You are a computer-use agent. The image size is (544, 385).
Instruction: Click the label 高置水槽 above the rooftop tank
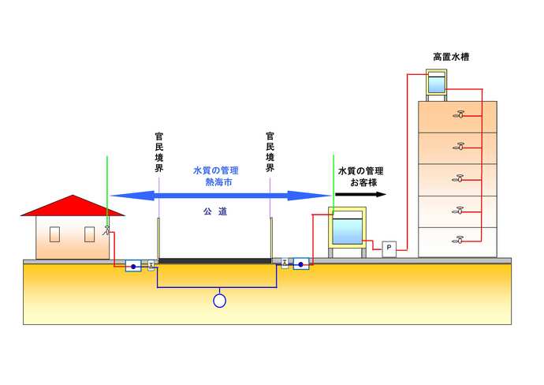[x=452, y=58]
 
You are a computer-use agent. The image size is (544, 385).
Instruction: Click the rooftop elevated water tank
[x=436, y=83]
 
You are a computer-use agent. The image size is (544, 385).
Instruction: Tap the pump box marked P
[x=389, y=249]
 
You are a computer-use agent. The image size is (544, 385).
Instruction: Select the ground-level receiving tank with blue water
[x=345, y=230]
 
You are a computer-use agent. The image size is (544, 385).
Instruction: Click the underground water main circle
[x=220, y=300]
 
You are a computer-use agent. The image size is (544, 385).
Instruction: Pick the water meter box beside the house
[x=133, y=267]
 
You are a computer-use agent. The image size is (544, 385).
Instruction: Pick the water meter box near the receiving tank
[x=300, y=264]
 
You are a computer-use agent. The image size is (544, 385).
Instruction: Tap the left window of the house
[x=54, y=234]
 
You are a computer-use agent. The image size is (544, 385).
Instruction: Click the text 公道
[x=214, y=212]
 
